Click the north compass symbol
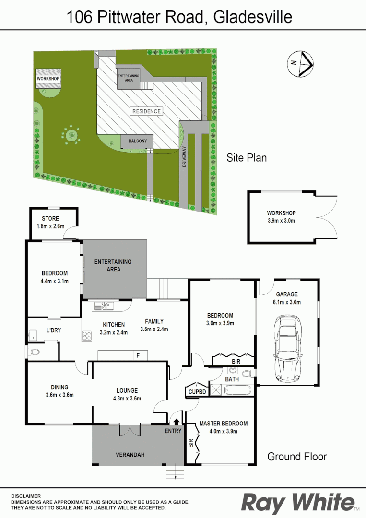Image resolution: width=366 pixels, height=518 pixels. coord(300,64)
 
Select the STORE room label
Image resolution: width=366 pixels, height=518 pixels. coord(50,219)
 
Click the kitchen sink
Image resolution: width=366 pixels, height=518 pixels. coord(103,305)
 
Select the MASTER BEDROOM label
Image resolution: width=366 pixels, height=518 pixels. coord(223,424)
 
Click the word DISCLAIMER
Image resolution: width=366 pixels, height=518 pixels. coord(26,496)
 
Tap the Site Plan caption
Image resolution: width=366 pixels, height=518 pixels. coord(246,157)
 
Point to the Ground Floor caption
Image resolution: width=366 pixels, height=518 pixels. coord(296,456)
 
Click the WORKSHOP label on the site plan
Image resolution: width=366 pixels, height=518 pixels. coord(48,79)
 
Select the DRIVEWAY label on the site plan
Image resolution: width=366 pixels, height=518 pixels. coord(184,156)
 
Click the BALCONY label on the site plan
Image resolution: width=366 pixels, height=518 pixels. coord(137,141)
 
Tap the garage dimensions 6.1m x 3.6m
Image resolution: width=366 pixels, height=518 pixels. coord(287,302)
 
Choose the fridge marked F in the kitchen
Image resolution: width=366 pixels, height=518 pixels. coord(139,355)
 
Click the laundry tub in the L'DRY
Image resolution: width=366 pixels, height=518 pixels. coord(34,334)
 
